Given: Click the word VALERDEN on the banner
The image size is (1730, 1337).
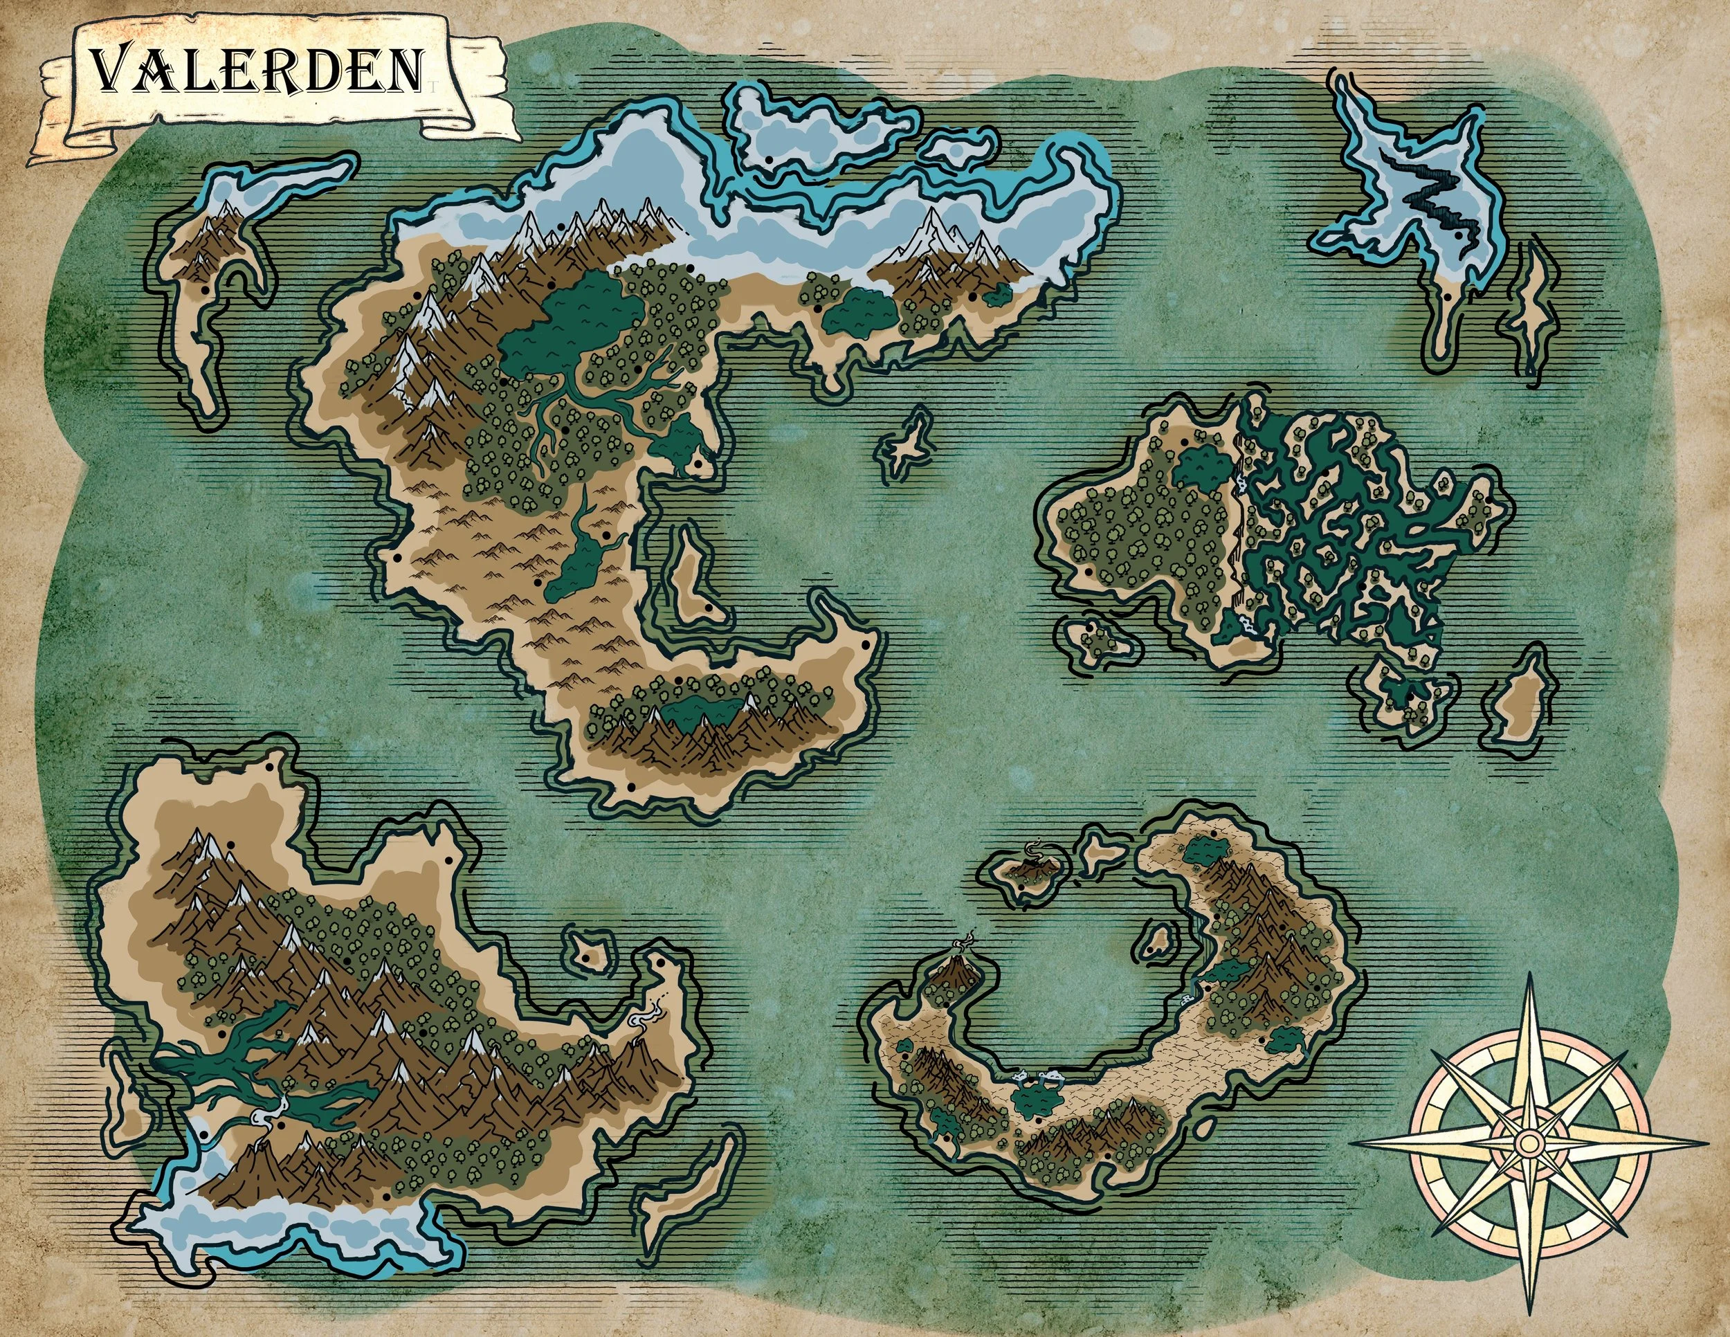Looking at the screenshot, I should click(255, 70).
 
